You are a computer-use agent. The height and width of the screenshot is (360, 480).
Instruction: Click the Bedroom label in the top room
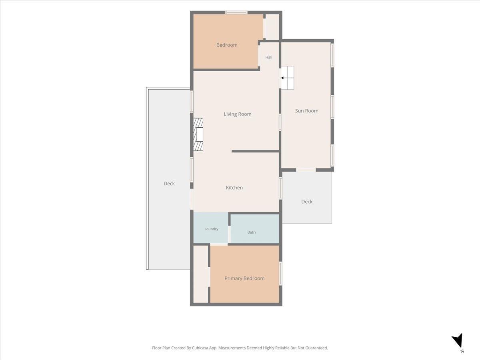[x=227, y=45]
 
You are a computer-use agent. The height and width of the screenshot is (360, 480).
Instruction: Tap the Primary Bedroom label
[x=244, y=278]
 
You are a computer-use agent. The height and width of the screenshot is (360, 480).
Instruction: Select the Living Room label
[x=238, y=114]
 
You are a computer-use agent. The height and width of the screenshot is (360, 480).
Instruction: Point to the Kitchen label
[x=234, y=188]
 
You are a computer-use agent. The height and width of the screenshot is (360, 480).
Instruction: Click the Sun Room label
[x=306, y=111]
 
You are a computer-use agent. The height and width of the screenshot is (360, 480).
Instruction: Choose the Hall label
[x=269, y=57]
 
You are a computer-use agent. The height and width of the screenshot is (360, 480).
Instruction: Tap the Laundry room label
[x=211, y=229]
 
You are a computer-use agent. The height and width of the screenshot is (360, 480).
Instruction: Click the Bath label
[x=252, y=232]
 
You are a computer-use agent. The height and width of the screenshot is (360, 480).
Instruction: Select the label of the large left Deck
[x=169, y=183]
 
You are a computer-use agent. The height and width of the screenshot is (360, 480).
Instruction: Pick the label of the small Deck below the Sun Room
[x=307, y=202]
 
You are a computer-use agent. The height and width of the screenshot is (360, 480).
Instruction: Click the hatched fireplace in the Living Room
[x=198, y=134]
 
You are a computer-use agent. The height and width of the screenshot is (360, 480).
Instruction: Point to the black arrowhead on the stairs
[x=282, y=78]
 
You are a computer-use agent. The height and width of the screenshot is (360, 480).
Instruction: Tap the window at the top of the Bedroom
[x=236, y=12]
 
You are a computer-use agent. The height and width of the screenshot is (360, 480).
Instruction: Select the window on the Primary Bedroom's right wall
[x=280, y=273]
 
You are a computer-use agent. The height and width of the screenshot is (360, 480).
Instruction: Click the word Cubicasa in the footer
[x=200, y=348]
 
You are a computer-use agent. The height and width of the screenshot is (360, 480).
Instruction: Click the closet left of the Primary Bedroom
[x=201, y=274]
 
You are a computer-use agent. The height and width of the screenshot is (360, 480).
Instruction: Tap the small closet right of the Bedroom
[x=272, y=27]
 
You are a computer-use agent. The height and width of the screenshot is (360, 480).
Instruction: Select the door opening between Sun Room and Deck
[x=306, y=170]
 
